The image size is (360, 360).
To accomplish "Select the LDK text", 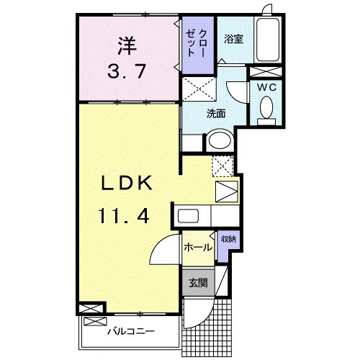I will tap(124, 184).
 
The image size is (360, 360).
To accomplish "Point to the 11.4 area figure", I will tap(124, 215).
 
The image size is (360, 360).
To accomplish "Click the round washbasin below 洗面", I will tap(220, 140).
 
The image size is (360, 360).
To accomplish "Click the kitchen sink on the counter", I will tap(189, 215).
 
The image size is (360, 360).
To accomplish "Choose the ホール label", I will tap(197, 247).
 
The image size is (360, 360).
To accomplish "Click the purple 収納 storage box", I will tap(227, 240).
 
